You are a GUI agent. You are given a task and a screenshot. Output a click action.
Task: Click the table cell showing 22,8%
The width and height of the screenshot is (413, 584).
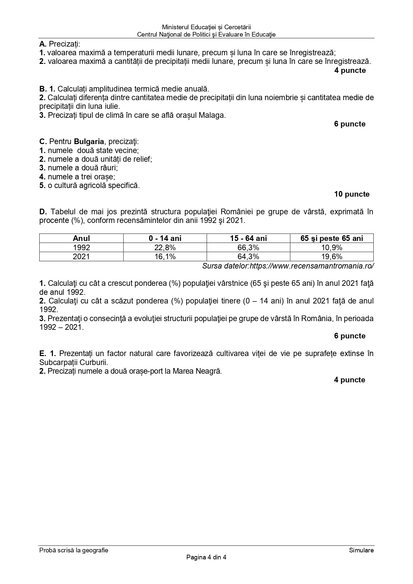(x=165, y=248)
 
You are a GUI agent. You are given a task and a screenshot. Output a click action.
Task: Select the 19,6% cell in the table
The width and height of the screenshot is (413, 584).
(x=331, y=257)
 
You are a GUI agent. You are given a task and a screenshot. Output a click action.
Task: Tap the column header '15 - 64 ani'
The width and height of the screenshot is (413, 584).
(x=248, y=238)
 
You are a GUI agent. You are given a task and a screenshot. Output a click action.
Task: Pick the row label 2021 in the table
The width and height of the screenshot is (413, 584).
(x=81, y=257)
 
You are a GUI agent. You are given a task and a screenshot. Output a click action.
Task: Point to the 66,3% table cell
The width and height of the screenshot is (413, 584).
(x=248, y=248)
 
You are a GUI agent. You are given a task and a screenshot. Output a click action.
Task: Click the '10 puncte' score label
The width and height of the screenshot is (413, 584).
(x=351, y=194)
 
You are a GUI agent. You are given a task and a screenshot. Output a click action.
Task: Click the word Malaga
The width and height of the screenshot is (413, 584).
(x=212, y=115)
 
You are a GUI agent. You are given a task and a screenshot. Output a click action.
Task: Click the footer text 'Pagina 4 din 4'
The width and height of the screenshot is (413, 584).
(x=206, y=557)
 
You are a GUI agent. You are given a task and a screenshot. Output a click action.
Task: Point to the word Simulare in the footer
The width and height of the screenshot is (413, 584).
(x=361, y=550)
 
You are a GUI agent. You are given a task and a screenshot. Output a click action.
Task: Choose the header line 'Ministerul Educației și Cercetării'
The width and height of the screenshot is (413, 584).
(x=206, y=27)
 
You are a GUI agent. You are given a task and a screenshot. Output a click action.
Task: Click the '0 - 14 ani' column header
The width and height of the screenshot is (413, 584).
(x=165, y=238)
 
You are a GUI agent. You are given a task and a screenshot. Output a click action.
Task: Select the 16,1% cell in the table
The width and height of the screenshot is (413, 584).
(x=165, y=257)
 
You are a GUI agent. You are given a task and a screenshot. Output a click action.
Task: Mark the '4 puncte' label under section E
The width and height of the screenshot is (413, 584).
(x=349, y=380)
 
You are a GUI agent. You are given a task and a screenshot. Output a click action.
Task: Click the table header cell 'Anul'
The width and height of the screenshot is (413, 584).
(x=81, y=238)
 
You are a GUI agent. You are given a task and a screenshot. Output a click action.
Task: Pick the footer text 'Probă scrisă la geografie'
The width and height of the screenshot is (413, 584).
(x=74, y=550)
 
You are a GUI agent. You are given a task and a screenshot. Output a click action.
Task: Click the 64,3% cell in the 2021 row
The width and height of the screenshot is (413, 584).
(x=248, y=257)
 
